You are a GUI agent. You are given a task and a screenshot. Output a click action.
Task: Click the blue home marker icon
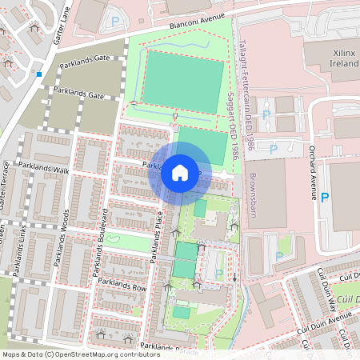[x=179, y=173]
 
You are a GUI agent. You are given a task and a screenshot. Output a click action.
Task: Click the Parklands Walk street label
[x=51, y=171]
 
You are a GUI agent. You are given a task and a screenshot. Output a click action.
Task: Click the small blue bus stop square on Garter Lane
[x=38, y=75]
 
